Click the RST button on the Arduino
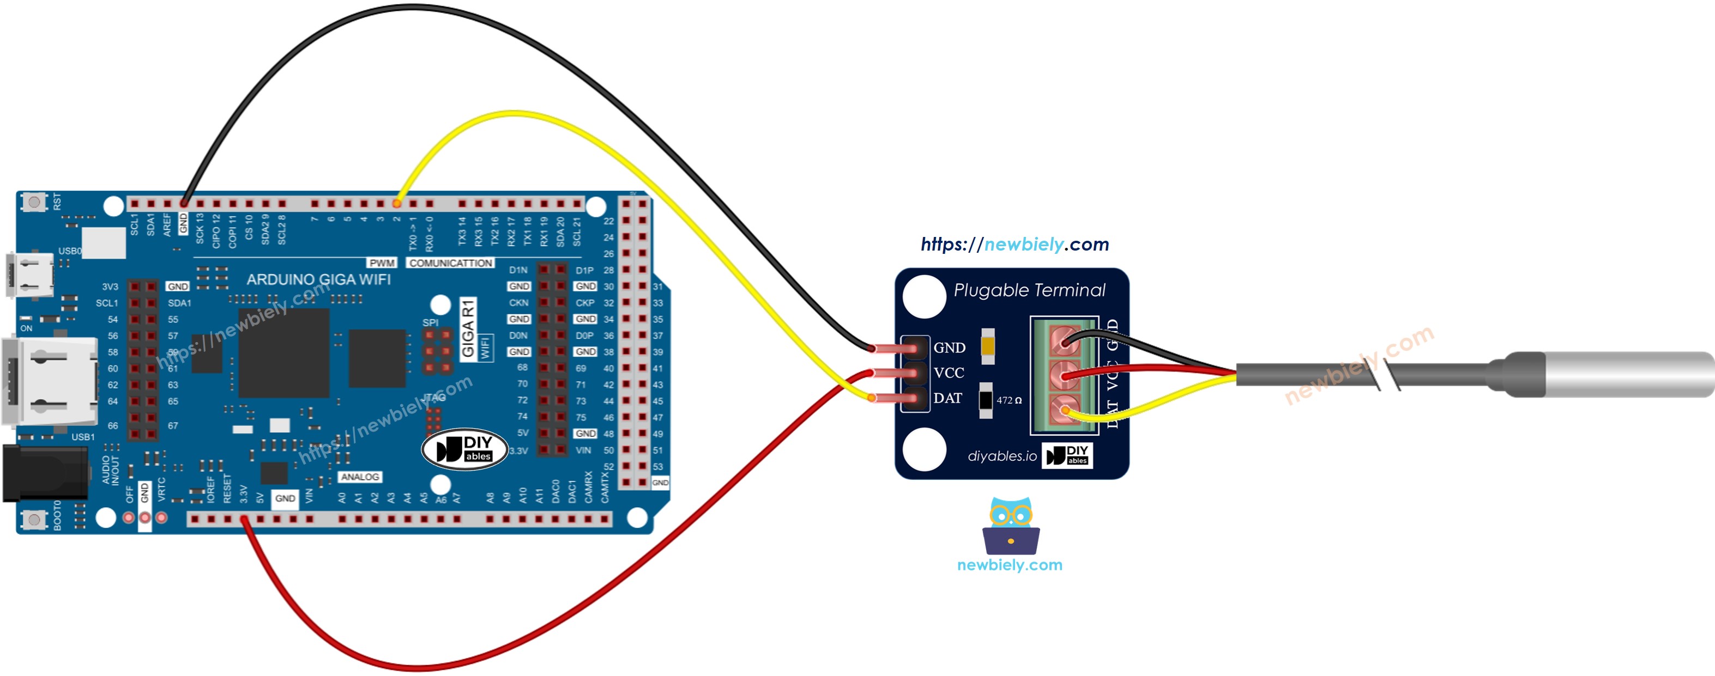click(34, 202)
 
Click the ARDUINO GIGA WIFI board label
click(318, 280)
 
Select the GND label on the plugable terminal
click(949, 348)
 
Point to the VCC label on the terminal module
click(948, 373)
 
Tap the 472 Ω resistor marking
click(1008, 400)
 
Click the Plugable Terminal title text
click(1029, 291)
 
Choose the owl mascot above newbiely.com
click(1010, 526)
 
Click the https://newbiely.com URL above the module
click(1014, 245)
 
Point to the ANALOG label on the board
click(359, 477)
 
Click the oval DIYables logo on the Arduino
click(464, 449)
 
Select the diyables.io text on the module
click(1001, 456)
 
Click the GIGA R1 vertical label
click(468, 328)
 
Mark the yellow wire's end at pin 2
click(397, 203)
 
